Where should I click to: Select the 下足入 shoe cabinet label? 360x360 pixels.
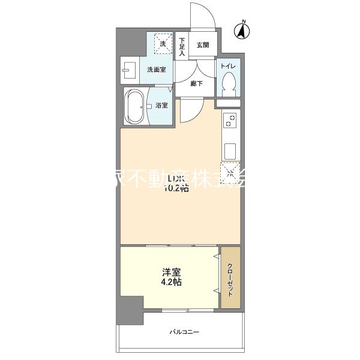182,47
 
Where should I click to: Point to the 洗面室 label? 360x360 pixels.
157,70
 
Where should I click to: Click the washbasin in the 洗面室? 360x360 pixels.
128,70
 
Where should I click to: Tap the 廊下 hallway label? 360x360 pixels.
196,83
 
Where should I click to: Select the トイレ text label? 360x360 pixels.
228,65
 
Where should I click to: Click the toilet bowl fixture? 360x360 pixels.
228,83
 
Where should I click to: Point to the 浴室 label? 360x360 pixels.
161,106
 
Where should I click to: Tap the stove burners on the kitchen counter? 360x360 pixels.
230,122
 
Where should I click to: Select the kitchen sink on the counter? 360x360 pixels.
230,149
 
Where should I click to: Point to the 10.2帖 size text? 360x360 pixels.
177,188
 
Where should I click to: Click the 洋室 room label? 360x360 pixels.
172,271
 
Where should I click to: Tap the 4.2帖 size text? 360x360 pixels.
172,281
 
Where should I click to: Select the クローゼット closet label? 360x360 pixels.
230,278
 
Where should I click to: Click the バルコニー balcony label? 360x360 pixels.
184,332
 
